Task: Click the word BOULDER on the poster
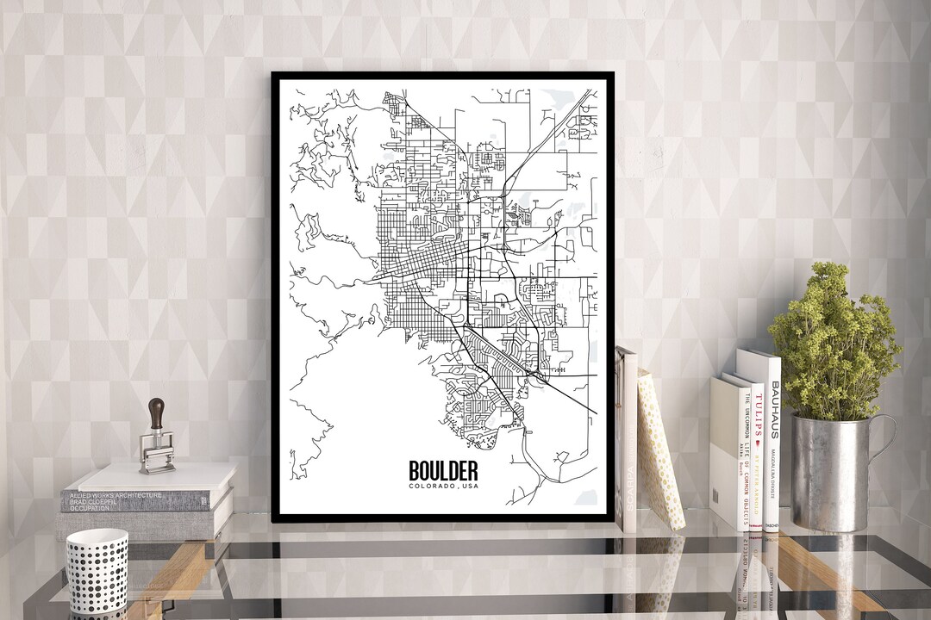click(x=443, y=471)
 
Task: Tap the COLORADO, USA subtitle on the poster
click(x=443, y=488)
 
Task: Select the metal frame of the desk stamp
click(x=156, y=451)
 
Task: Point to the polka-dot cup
click(x=97, y=572)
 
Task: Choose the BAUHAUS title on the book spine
click(x=774, y=409)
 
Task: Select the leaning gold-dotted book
click(x=660, y=448)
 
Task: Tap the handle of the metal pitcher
click(x=884, y=448)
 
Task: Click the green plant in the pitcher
click(x=832, y=344)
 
